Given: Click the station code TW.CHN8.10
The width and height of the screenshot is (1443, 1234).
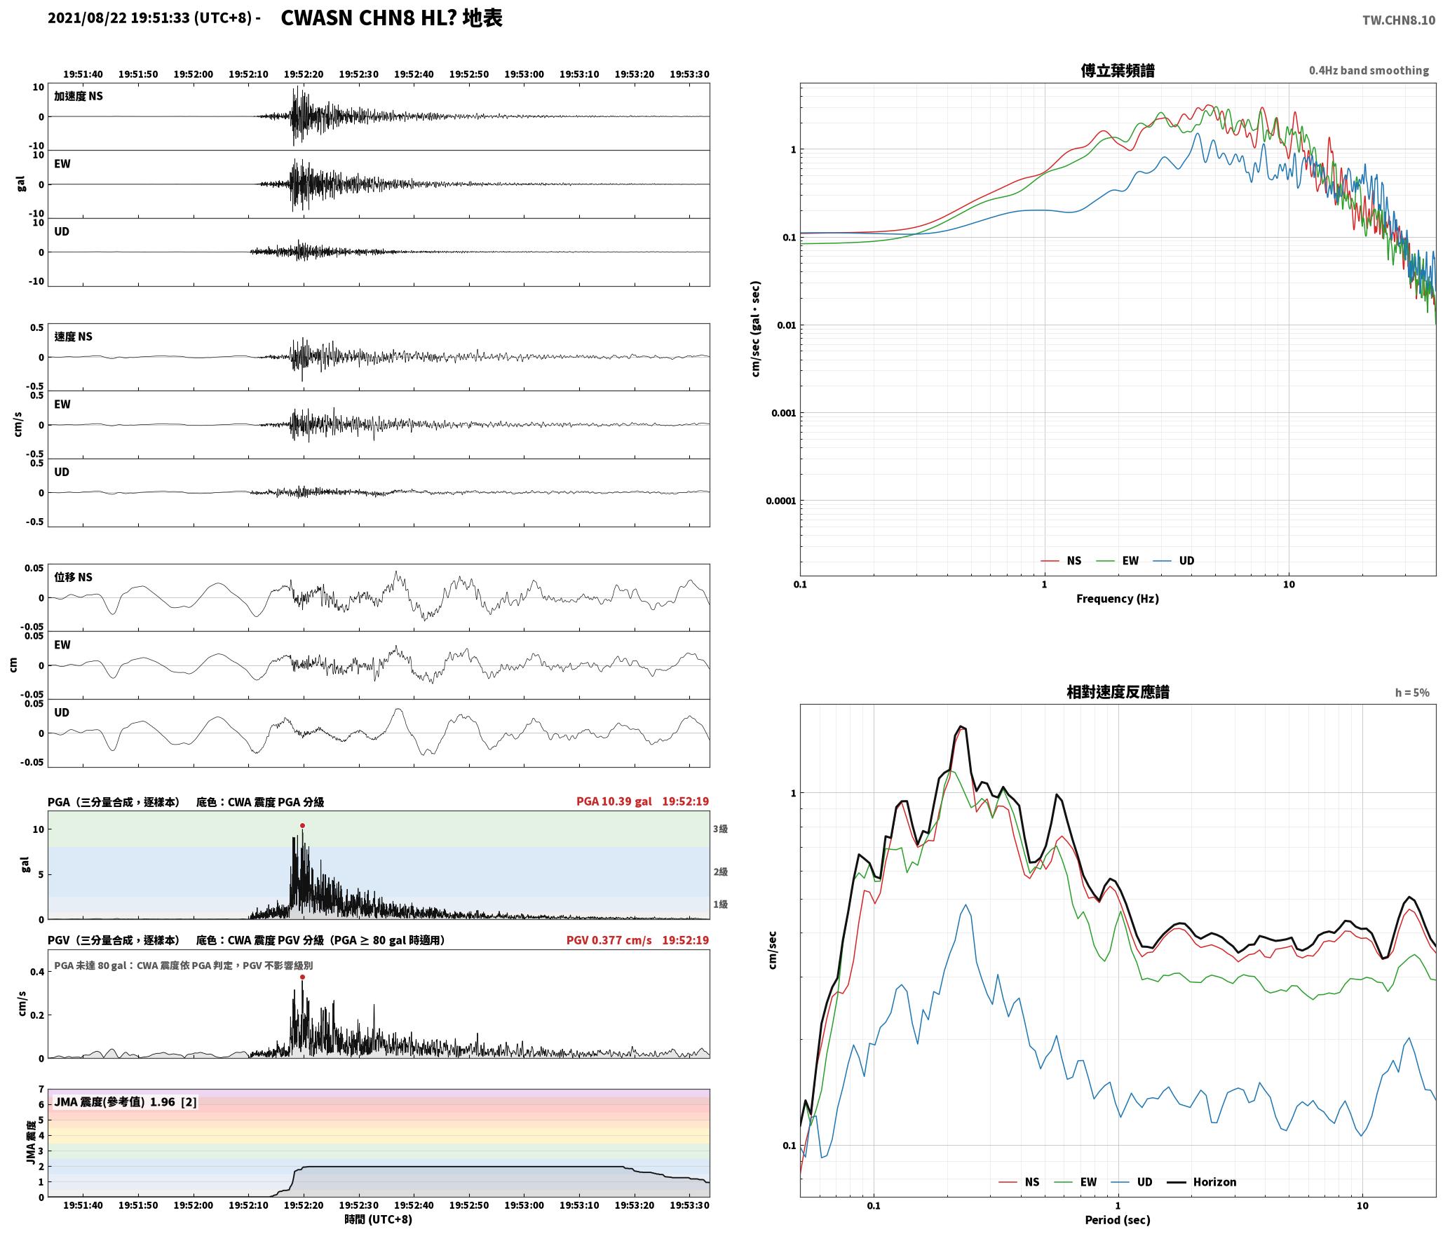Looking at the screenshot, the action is click(1398, 20).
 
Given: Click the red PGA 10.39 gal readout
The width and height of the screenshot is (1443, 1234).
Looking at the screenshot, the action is click(614, 801).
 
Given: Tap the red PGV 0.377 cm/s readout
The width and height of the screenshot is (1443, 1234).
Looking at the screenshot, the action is click(609, 940).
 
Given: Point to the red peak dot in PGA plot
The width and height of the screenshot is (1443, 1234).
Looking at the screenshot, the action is click(302, 826).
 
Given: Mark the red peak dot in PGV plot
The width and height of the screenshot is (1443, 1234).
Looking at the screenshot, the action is click(302, 977).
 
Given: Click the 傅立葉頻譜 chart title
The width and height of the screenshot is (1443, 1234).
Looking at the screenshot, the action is click(1118, 71).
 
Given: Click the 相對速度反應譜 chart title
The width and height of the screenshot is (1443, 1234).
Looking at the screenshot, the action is click(1118, 692).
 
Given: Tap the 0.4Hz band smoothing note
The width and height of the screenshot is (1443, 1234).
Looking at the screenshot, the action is click(1369, 71).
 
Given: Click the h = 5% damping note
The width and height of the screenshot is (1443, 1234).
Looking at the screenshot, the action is click(1412, 693).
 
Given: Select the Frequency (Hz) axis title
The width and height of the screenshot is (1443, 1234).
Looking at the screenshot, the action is click(1118, 599).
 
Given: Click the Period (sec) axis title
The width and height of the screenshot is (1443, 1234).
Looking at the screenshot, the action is click(1118, 1220).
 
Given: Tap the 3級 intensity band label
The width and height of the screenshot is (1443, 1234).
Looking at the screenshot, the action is click(720, 829).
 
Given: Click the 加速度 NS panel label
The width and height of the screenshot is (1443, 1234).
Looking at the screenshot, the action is click(79, 96).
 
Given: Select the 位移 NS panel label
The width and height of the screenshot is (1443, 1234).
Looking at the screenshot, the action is click(73, 577).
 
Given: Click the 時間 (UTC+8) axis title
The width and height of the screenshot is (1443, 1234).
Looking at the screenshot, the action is click(379, 1219).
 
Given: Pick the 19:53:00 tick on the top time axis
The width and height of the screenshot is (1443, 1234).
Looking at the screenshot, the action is click(524, 74).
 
